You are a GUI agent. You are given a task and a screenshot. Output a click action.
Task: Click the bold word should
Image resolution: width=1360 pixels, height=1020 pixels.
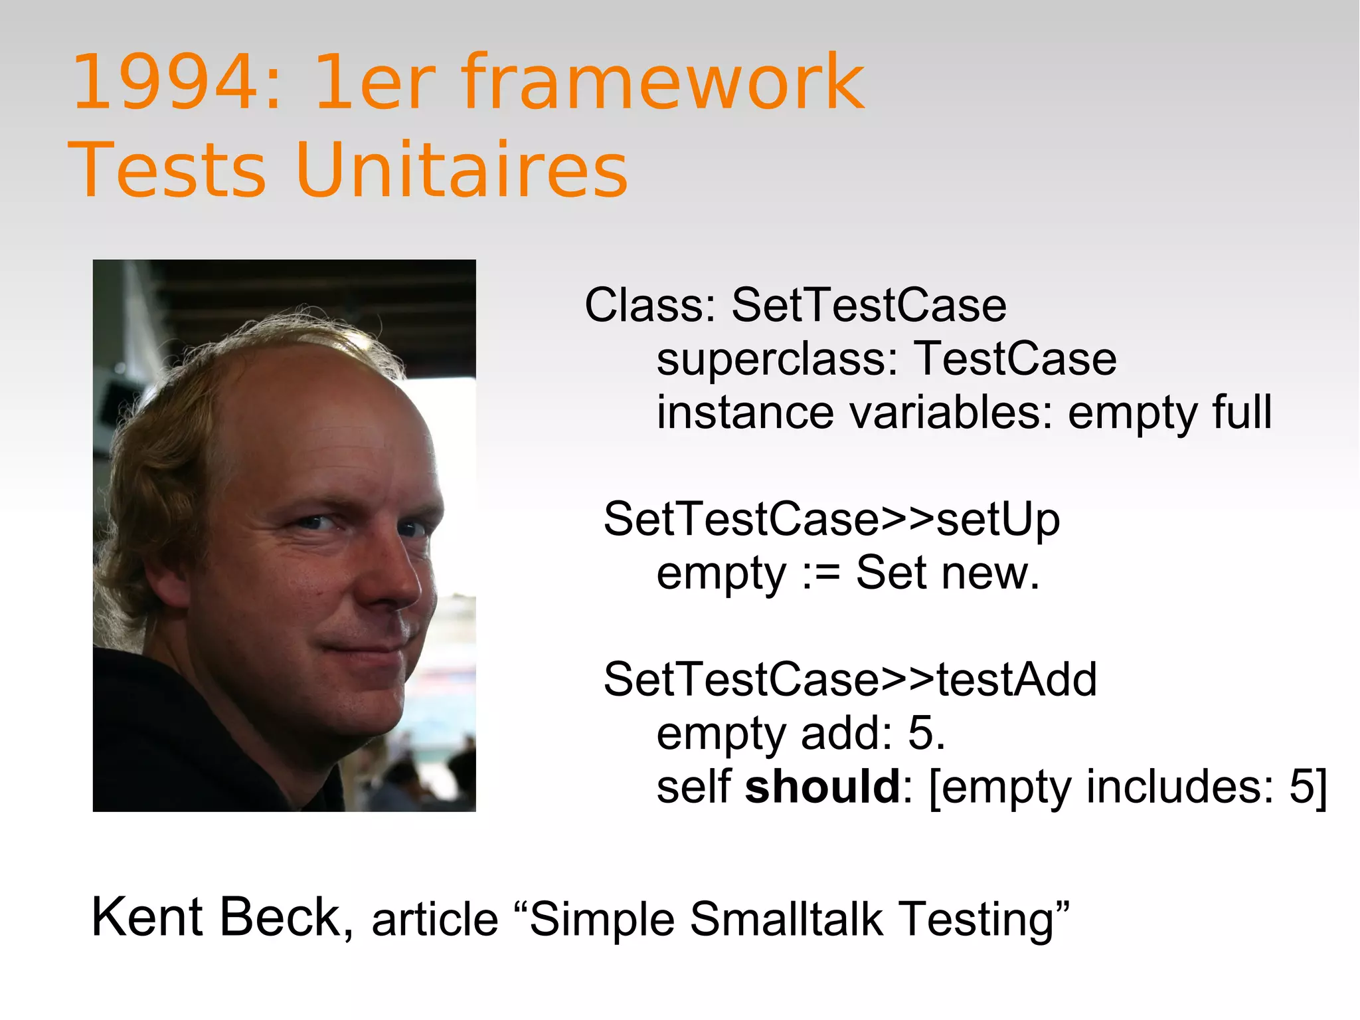822,787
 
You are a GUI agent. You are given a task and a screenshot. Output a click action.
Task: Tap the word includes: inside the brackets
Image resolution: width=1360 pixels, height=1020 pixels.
1180,787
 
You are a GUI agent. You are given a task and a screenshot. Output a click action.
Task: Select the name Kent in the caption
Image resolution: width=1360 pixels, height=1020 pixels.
147,918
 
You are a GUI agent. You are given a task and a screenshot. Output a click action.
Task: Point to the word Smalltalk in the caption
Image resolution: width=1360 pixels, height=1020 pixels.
786,920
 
